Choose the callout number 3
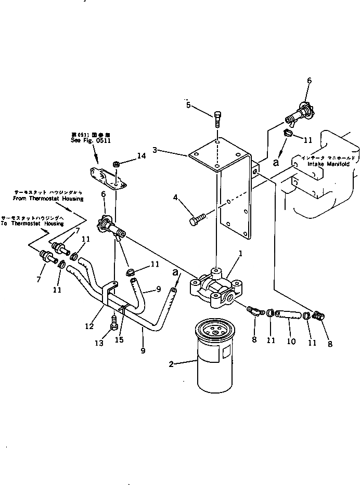pyautogui.click(x=154, y=150)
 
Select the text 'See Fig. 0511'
pyautogui.click(x=91, y=140)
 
